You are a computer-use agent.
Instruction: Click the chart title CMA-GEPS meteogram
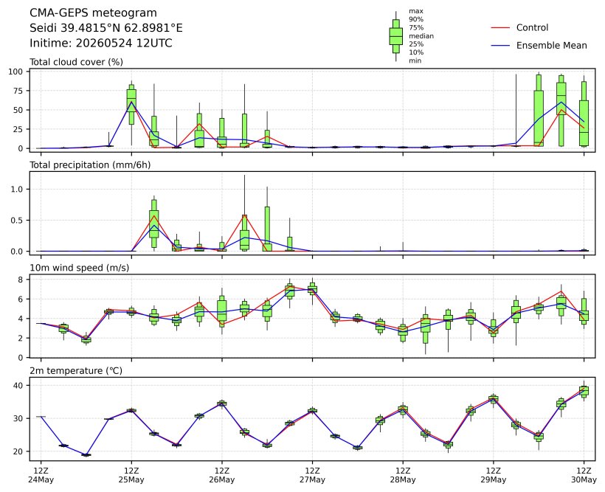pyautogui.click(x=93, y=13)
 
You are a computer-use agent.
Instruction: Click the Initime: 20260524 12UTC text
pyautogui.click(x=101, y=43)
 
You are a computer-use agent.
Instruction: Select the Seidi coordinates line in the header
pyautogui.click(x=106, y=28)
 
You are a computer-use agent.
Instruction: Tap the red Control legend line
pyautogui.click(x=500, y=28)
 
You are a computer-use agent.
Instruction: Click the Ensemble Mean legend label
pyautogui.click(x=552, y=46)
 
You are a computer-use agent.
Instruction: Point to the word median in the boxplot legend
pyautogui.click(x=421, y=36)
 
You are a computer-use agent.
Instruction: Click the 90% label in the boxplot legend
pyautogui.click(x=416, y=19)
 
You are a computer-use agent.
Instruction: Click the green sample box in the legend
pyautogui.click(x=396, y=36)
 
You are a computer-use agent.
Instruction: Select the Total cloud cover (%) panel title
pyautogui.click(x=77, y=62)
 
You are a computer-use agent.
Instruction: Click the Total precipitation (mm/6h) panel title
pyautogui.click(x=90, y=165)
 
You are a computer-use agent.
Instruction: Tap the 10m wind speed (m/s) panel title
pyautogui.click(x=80, y=268)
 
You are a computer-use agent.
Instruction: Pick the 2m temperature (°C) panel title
pyautogui.click(x=76, y=371)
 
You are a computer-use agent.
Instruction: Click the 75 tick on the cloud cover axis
pyautogui.click(x=18, y=91)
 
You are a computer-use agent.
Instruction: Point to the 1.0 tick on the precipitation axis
pyautogui.click(x=18, y=189)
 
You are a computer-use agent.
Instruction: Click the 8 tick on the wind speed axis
pyautogui.click(x=21, y=280)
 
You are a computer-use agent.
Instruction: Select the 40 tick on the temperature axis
pyautogui.click(x=18, y=386)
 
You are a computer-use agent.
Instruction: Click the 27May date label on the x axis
pyautogui.click(x=313, y=480)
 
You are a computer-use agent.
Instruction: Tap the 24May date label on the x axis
pyautogui.click(x=41, y=480)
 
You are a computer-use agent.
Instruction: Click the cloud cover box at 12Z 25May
pyautogui.click(x=131, y=101)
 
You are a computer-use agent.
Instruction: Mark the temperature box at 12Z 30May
pyautogui.click(x=584, y=391)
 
